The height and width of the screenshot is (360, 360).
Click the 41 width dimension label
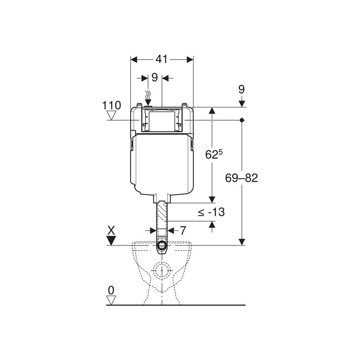tap(161, 59)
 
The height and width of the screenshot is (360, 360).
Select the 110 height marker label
tap(111, 105)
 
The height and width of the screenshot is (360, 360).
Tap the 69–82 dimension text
tap(241, 178)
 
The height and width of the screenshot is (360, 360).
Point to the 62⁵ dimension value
tap(214, 154)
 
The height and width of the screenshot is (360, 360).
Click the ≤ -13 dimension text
tap(211, 212)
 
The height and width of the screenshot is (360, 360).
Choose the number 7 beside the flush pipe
tap(183, 230)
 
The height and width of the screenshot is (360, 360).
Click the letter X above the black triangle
tap(111, 230)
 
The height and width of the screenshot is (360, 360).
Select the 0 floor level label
tap(111, 291)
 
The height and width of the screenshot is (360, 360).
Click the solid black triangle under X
tap(111, 240)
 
